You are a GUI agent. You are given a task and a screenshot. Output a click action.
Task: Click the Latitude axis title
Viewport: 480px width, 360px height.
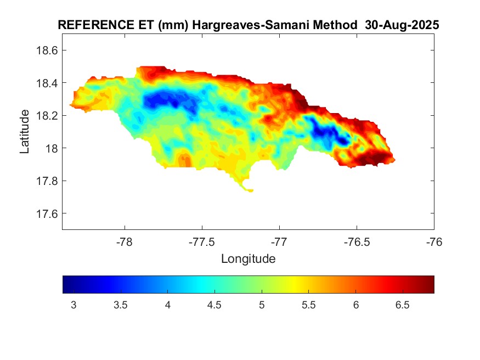click(25, 131)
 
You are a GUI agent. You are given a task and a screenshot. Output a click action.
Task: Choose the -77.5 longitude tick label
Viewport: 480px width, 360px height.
click(202, 241)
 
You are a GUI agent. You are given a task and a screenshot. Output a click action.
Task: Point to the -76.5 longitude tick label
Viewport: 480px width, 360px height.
click(357, 241)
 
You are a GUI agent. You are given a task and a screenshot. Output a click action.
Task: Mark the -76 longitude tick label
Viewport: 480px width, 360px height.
click(434, 241)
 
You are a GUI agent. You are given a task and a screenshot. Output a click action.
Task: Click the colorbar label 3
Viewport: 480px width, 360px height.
click(74, 305)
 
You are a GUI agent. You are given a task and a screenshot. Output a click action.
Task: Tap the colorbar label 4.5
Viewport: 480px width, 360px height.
click(214, 305)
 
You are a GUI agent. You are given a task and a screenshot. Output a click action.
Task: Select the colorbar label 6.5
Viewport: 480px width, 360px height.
click(403, 305)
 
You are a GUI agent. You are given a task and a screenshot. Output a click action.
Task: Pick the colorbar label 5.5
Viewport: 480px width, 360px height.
click(309, 305)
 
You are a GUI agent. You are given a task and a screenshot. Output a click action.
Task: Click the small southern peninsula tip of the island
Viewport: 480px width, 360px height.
click(249, 190)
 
